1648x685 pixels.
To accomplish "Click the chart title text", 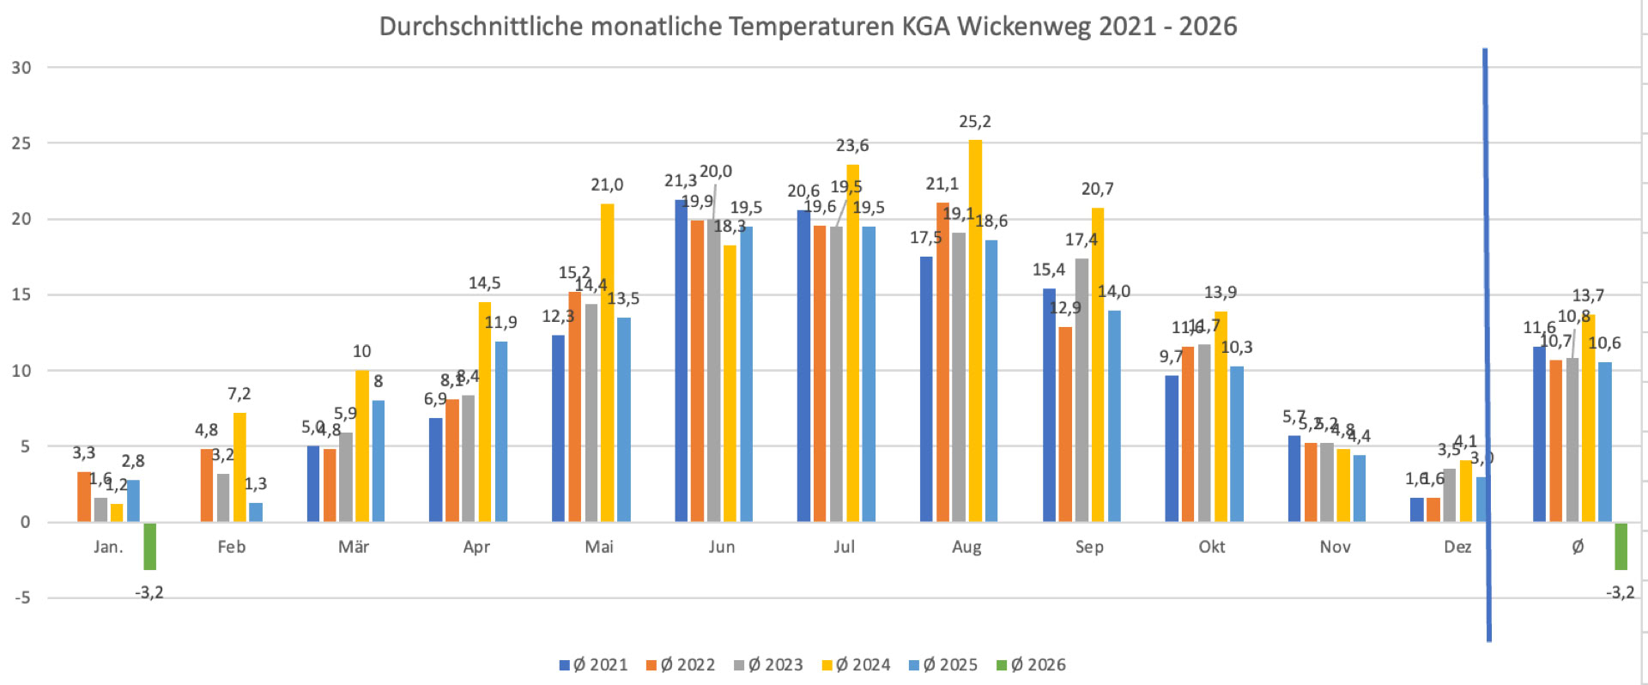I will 808,27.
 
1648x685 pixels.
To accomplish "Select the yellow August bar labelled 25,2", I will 975,330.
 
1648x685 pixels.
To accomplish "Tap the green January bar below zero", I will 149,546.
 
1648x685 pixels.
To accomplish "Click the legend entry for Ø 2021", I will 594,664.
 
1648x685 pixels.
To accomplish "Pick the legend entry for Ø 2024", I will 856,664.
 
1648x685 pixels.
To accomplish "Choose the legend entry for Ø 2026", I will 1031,664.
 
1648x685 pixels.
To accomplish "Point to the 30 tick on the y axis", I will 21,68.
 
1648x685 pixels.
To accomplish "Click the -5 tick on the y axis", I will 21,597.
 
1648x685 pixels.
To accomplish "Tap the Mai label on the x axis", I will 599,547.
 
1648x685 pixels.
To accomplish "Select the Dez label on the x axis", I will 1457,547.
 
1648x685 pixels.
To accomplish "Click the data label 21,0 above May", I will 607,185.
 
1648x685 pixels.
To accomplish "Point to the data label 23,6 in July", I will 852,146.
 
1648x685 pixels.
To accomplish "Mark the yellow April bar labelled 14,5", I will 485,412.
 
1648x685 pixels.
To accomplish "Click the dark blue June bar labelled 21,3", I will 681,361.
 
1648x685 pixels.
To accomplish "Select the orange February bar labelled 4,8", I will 207,485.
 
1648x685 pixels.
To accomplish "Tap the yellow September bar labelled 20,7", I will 1098,365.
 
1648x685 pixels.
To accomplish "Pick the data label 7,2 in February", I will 239,394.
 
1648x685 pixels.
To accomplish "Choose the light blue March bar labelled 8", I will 379,461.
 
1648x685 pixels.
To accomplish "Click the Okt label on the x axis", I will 1212,547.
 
